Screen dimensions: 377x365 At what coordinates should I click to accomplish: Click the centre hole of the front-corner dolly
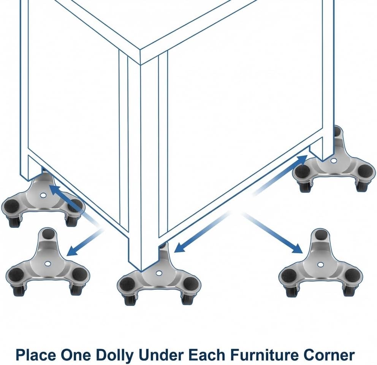158,273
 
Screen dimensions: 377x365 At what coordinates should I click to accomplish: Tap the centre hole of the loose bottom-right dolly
320,265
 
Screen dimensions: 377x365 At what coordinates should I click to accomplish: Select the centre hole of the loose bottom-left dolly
48,264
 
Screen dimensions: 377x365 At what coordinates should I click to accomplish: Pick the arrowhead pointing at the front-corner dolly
180,248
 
